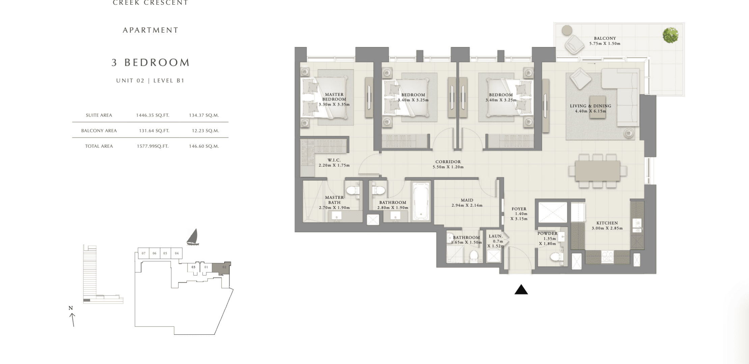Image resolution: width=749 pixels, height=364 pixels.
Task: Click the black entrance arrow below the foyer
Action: (521, 290)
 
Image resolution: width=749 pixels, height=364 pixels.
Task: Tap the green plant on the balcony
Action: (670, 35)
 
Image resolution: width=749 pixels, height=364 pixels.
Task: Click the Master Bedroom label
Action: (334, 97)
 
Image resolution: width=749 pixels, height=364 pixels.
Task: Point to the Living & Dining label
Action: (590, 106)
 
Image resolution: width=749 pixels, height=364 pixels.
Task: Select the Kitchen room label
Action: (607, 223)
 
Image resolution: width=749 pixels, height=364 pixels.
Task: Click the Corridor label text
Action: (448, 162)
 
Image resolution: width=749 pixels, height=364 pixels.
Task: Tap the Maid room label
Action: (467, 200)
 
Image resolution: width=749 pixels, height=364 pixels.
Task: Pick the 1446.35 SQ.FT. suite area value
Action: (152, 115)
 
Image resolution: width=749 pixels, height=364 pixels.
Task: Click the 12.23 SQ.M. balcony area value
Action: (205, 131)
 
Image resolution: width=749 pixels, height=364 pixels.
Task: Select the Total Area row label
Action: (99, 146)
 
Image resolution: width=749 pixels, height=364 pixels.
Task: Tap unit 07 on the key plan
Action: (143, 253)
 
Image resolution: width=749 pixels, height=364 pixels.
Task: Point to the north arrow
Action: (73, 320)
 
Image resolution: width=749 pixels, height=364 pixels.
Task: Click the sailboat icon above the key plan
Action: (193, 237)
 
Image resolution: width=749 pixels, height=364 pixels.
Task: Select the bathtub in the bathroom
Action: (421, 202)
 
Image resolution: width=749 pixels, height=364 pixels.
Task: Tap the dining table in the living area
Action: (598, 171)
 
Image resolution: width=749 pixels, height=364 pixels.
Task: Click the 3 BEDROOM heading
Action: (151, 62)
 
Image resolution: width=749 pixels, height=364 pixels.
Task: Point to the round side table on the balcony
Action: (567, 30)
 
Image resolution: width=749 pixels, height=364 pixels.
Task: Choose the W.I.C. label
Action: (334, 160)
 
